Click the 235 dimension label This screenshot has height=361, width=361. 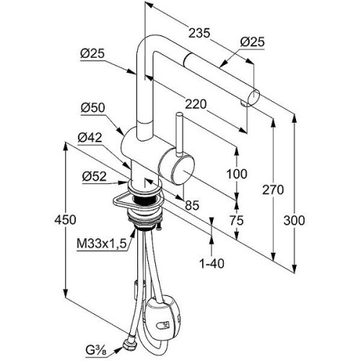click(199, 33)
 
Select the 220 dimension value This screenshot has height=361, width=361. click(196, 104)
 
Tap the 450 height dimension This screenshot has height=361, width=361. click(65, 219)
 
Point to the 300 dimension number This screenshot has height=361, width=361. click(294, 220)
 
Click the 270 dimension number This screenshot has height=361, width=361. click(273, 190)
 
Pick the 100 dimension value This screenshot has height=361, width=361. click(237, 174)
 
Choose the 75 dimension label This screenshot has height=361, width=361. click(237, 220)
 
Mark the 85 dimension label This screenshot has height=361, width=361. click(192, 205)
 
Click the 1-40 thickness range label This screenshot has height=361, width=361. click(212, 264)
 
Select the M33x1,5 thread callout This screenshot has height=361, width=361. click(102, 244)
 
